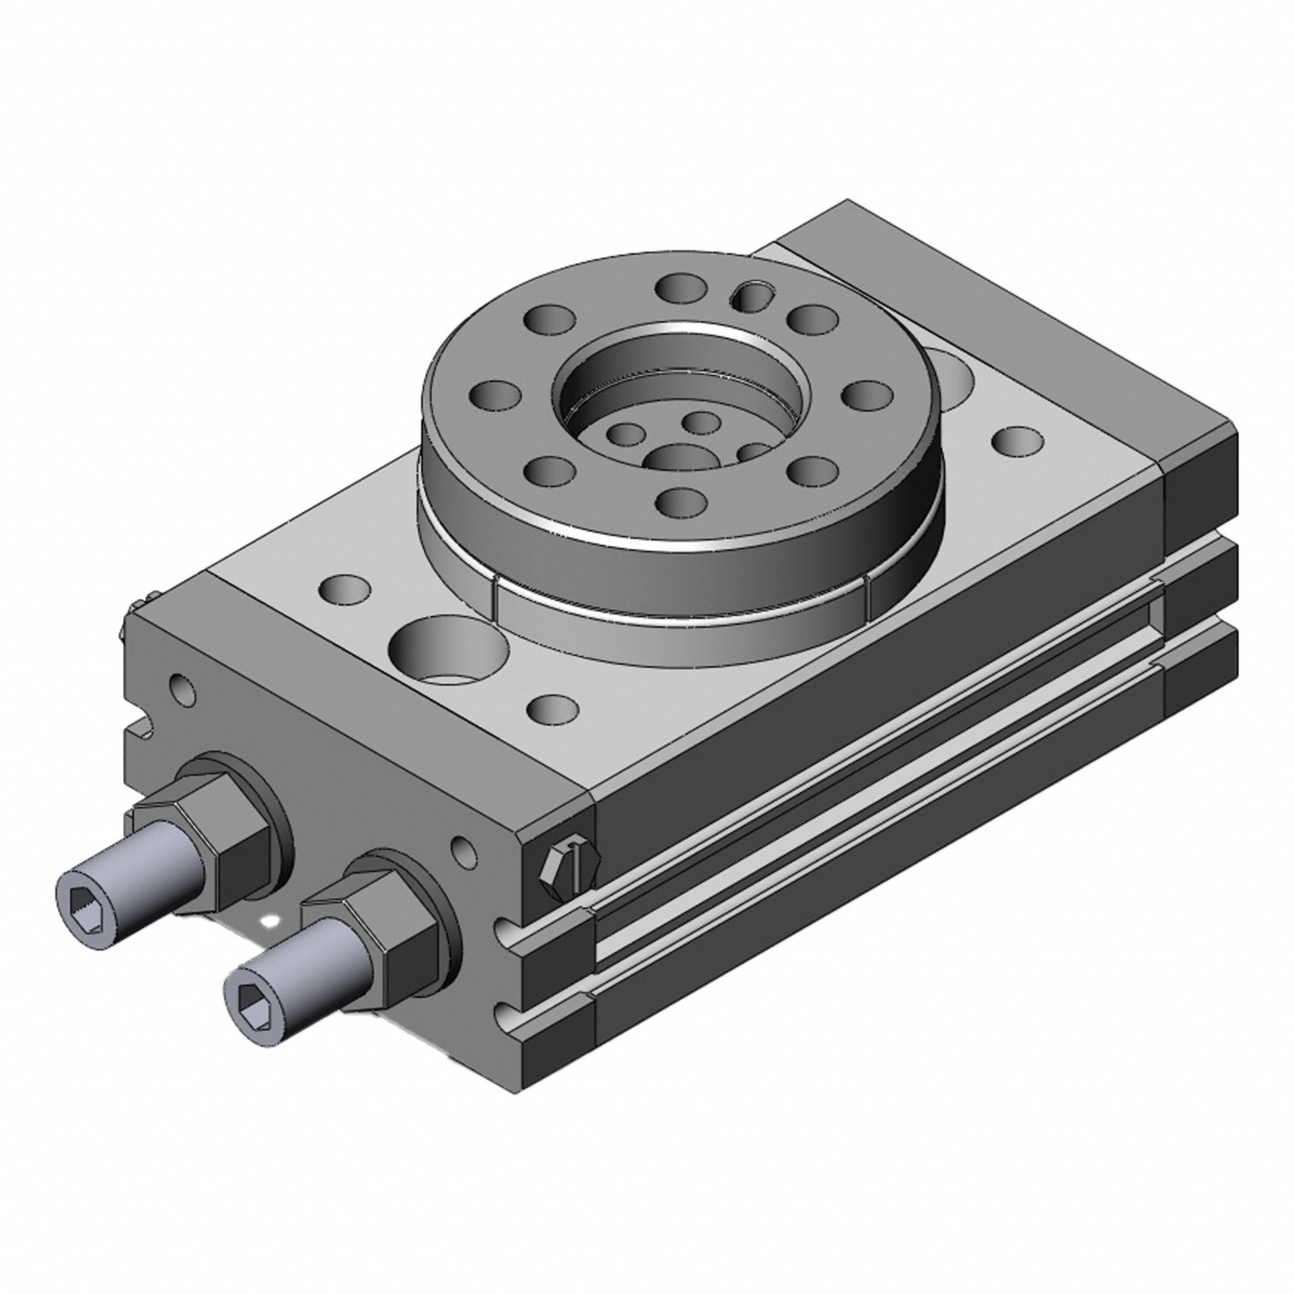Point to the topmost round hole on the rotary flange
[682, 287]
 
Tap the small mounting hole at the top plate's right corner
[1017, 440]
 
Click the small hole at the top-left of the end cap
[183, 689]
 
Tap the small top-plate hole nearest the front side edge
[553, 707]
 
